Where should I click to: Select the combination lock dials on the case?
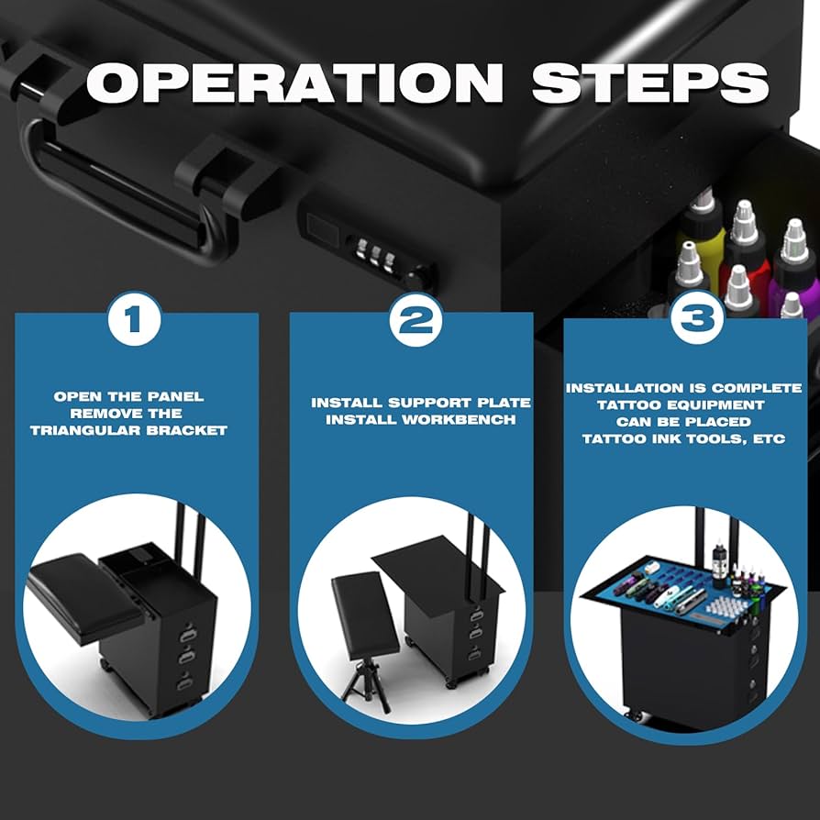coord(376,251)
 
